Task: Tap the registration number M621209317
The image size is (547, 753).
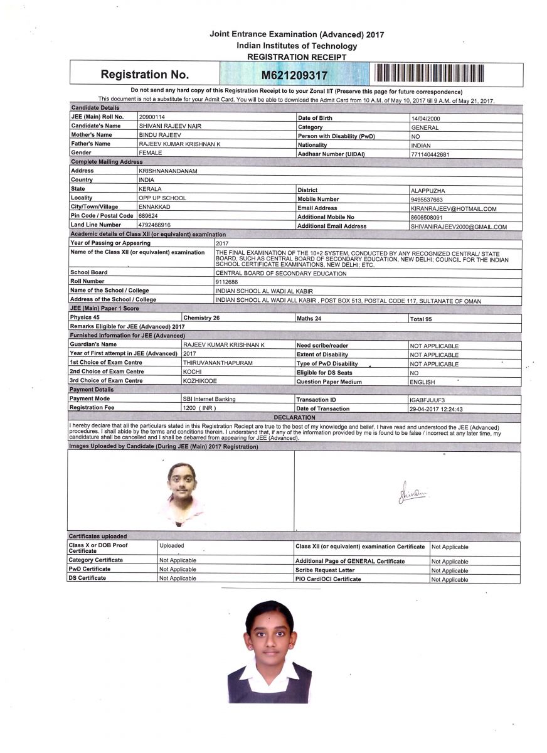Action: coord(294,75)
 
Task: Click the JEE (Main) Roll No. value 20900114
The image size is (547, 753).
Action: coord(152,117)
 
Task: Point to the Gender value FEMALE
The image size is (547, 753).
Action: coord(151,152)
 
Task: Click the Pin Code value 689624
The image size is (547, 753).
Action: coord(148,215)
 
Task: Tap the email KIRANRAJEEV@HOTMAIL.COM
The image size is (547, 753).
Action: coord(454,209)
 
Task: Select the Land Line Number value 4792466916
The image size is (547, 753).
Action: coord(154,225)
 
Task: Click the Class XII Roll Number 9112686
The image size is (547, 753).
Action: coord(227,282)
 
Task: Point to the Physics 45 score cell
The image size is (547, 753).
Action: coord(85,318)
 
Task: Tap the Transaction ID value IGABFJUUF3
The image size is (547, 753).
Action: coord(427,400)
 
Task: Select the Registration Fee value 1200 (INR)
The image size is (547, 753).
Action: coord(199,408)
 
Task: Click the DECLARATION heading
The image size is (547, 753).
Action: coord(294,417)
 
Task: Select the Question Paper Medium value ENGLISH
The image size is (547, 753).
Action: coord(423,382)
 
